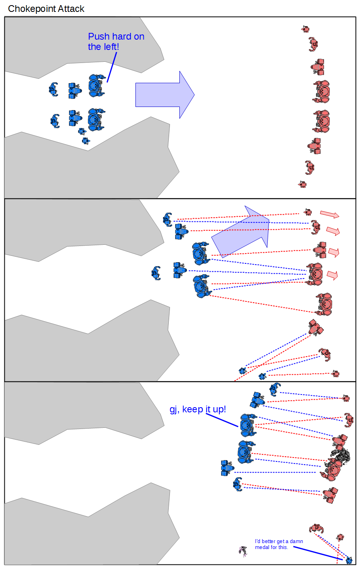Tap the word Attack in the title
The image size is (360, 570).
(x=71, y=9)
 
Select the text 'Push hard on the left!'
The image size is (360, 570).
(x=116, y=42)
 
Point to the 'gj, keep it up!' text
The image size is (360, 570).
(x=198, y=409)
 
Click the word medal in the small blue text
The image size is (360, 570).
(x=262, y=547)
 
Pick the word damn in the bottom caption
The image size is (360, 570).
(x=296, y=541)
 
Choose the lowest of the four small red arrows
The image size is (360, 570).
(x=332, y=275)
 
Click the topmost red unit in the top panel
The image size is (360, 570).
(x=305, y=29)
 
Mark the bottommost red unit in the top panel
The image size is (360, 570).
(x=302, y=184)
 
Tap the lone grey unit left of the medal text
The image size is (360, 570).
(x=243, y=551)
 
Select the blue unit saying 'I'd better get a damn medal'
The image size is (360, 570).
(x=349, y=560)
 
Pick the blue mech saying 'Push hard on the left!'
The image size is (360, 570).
(x=96, y=86)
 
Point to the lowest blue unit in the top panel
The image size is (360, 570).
(x=85, y=140)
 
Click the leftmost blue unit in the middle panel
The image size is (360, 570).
(x=156, y=273)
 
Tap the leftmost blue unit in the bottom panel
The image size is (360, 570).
(x=227, y=468)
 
